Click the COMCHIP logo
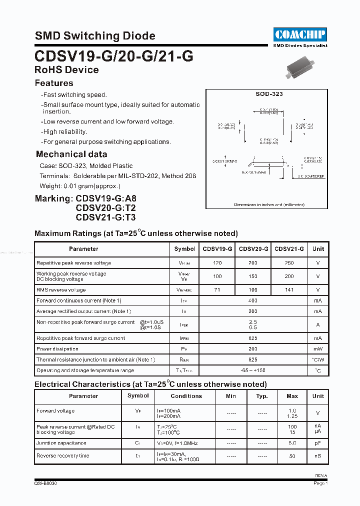(300, 34)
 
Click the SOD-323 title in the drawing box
(269, 94)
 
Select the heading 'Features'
(54, 83)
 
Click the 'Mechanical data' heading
(71, 154)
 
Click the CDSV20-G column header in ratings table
(253, 249)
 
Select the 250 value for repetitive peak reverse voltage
(289, 263)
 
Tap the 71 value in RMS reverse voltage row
(217, 290)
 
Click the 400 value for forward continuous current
(253, 300)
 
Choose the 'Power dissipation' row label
(57, 349)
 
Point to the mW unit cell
(318, 349)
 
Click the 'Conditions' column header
(186, 396)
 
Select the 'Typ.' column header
(262, 396)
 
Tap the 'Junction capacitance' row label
(61, 443)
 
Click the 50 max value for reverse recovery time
(292, 456)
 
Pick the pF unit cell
(318, 443)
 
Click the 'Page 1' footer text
(320, 483)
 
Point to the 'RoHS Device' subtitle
(66, 70)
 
